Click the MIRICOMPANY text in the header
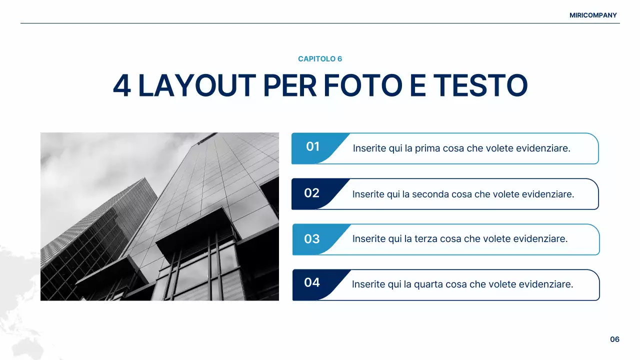click(593, 15)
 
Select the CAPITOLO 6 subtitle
click(320, 59)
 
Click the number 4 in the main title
click(122, 86)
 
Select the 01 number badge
click(313, 146)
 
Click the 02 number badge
click(312, 193)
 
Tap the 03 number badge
click(312, 239)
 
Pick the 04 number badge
click(312, 282)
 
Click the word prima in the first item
click(426, 148)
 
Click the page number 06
click(614, 339)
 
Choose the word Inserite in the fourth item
click(368, 284)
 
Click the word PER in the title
click(289, 86)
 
